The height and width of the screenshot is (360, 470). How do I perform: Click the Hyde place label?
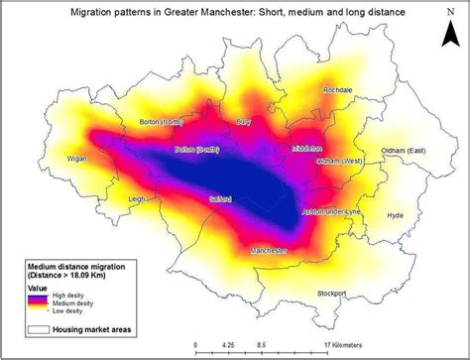click(395, 214)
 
